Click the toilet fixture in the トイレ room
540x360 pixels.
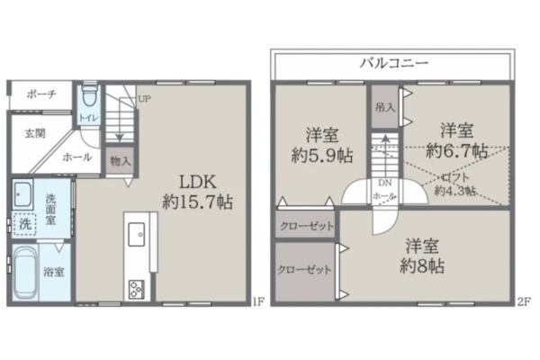coord(89,95)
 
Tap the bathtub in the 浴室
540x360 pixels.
coord(25,273)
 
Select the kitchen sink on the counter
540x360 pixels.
coord(137,234)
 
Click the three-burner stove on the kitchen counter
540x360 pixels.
coord(137,290)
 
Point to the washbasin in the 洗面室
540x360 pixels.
coord(22,194)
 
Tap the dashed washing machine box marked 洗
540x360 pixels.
coord(24,224)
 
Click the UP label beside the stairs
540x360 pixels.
coord(144,99)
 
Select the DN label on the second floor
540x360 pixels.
coord(384,184)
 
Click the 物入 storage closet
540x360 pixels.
coord(121,160)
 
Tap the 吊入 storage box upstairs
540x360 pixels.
coord(385,107)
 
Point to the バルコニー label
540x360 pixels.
coord(394,63)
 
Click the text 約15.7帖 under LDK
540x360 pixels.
coord(197,202)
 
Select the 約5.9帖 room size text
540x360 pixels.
coord(322,156)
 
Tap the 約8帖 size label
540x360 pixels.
coord(422,265)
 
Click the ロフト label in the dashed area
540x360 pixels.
coord(455,177)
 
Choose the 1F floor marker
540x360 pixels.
coord(258,302)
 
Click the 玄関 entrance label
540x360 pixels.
coord(35,133)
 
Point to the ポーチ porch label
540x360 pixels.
coord(41,94)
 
